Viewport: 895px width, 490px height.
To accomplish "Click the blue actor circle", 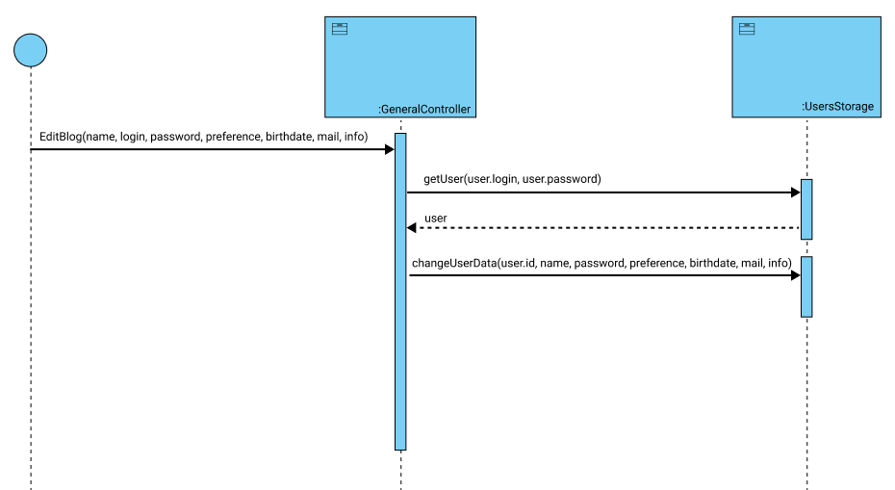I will click(x=30, y=50).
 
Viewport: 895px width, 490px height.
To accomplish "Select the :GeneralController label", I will click(x=424, y=109).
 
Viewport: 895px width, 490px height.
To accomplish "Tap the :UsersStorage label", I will click(x=837, y=106).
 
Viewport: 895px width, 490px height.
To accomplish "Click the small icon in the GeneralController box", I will click(x=340, y=29).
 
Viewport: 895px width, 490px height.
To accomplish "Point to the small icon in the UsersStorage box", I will click(x=746, y=29).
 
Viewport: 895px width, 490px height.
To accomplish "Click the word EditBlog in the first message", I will click(x=61, y=137).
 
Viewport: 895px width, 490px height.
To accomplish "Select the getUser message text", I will click(x=511, y=179).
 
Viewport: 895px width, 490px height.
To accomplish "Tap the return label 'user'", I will click(x=435, y=219).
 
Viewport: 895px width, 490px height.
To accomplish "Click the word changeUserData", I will click(x=453, y=262).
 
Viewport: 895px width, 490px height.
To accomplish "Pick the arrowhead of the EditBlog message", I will click(x=389, y=149).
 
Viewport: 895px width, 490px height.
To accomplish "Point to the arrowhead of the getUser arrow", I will click(x=795, y=193).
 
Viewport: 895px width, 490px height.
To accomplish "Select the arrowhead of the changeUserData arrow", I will click(x=795, y=275).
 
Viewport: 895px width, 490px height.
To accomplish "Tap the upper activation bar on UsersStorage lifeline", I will click(x=806, y=209).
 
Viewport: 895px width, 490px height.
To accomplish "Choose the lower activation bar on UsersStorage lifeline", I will click(x=806, y=286).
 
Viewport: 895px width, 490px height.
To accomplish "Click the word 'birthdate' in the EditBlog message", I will click(x=288, y=137).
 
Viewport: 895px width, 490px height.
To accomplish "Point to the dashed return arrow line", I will click(x=606, y=227).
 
